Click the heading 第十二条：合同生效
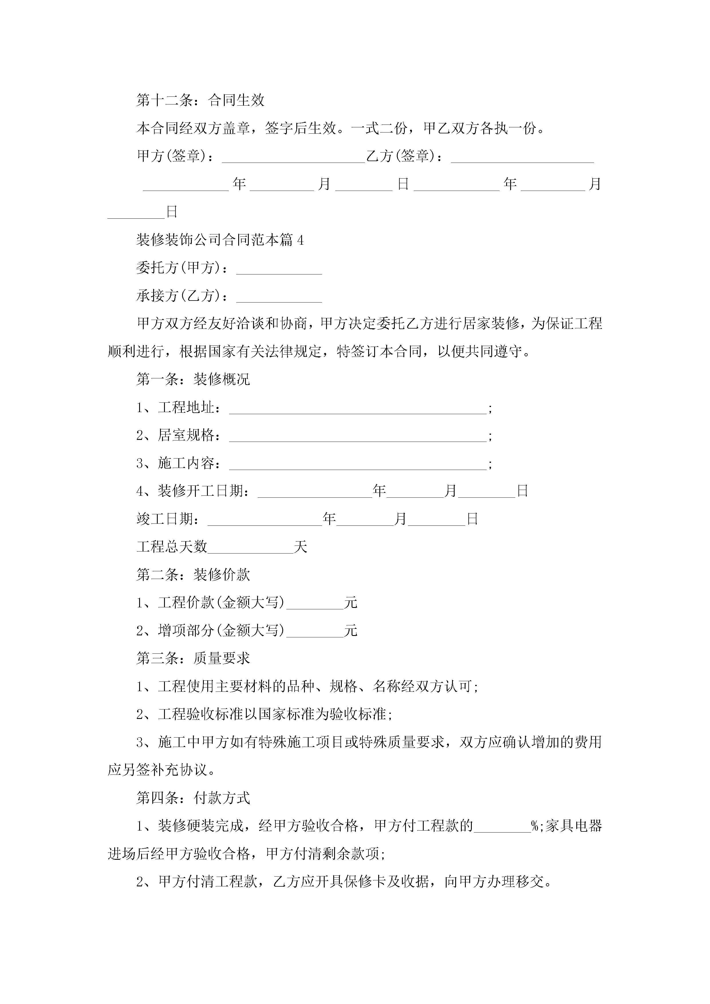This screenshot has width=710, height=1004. (200, 100)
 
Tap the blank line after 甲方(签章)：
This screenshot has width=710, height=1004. (293, 157)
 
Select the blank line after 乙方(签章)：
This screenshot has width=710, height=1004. (522, 157)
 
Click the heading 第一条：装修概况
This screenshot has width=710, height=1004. (193, 379)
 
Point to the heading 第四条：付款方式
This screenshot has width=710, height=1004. (193, 798)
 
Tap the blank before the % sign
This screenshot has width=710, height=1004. (502, 828)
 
